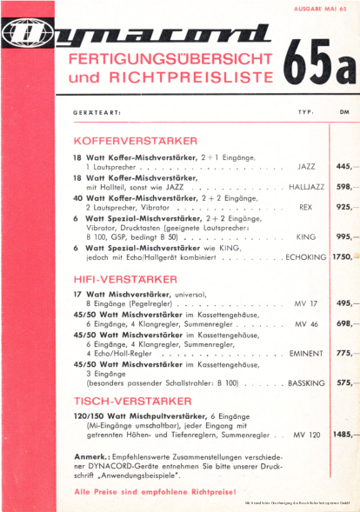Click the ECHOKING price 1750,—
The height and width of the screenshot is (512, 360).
click(343, 257)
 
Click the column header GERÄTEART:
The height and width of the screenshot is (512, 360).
click(96, 112)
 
